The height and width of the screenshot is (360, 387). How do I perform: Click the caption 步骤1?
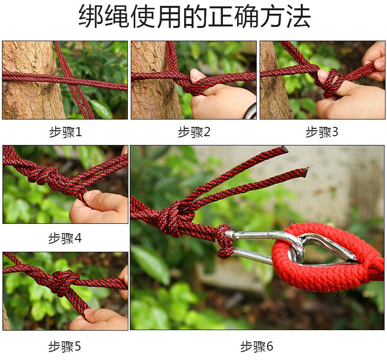[66, 132]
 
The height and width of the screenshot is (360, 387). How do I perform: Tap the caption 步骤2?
[194, 132]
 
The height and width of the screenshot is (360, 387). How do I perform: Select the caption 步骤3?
[322, 132]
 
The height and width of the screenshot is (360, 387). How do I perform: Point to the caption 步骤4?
[65, 239]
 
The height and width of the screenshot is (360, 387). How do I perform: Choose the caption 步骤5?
[65, 346]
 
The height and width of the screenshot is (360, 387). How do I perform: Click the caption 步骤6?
[257, 346]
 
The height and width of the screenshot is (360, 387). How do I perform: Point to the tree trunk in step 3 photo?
[274, 81]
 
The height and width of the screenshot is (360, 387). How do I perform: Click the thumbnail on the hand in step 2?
[196, 75]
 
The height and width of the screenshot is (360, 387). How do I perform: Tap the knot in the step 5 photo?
[63, 283]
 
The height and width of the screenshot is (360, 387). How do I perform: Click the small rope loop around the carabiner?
[224, 240]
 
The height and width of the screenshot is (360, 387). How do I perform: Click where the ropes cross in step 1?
[72, 82]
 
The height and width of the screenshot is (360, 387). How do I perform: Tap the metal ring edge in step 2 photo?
[250, 112]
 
